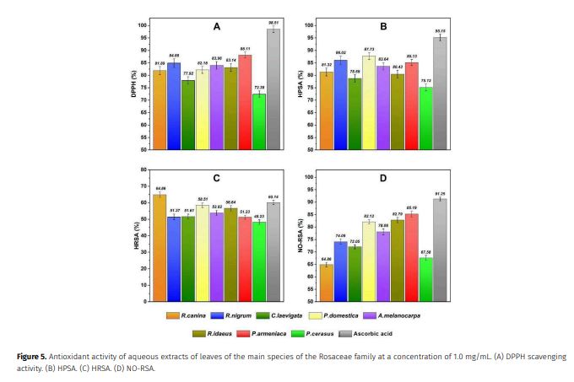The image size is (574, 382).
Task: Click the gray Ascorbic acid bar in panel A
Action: pos(273,89)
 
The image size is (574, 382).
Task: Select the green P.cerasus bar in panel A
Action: pos(258,121)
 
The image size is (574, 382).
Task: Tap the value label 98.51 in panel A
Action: pos(273,21)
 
